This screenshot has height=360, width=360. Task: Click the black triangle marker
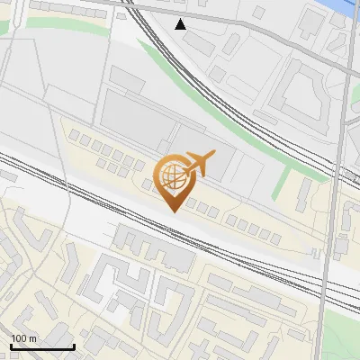pyautogui.click(x=181, y=24)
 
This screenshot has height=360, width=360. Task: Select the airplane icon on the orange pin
pyautogui.click(x=198, y=165)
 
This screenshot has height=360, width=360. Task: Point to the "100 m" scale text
pyautogui.click(x=23, y=338)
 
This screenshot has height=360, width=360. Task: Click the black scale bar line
pyautogui.click(x=41, y=346)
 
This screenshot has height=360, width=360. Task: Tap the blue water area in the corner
pyautogui.click(x=346, y=7)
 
